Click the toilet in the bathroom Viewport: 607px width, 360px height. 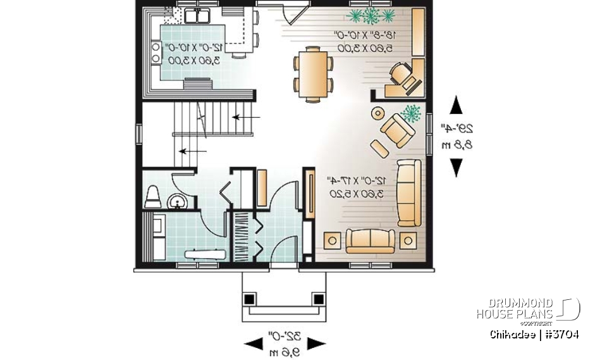(x=152, y=197)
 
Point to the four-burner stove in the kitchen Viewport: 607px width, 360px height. (x=155, y=53)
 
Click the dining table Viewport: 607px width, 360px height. (x=313, y=73)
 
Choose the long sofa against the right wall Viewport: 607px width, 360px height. (x=409, y=192)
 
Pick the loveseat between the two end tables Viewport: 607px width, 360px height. (x=370, y=240)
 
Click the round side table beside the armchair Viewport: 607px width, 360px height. (x=377, y=114)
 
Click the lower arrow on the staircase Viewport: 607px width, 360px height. (x=193, y=152)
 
